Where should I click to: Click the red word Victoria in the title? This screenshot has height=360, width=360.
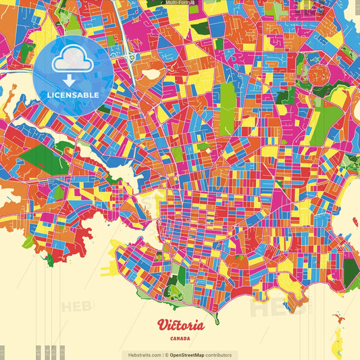click(x=180, y=324)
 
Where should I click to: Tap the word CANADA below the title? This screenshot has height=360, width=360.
click(x=180, y=338)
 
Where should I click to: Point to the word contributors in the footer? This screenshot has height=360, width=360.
click(x=219, y=355)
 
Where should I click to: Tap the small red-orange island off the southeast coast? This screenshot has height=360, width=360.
click(x=337, y=316)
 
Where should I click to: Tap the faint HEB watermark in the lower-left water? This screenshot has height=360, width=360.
click(x=76, y=307)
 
